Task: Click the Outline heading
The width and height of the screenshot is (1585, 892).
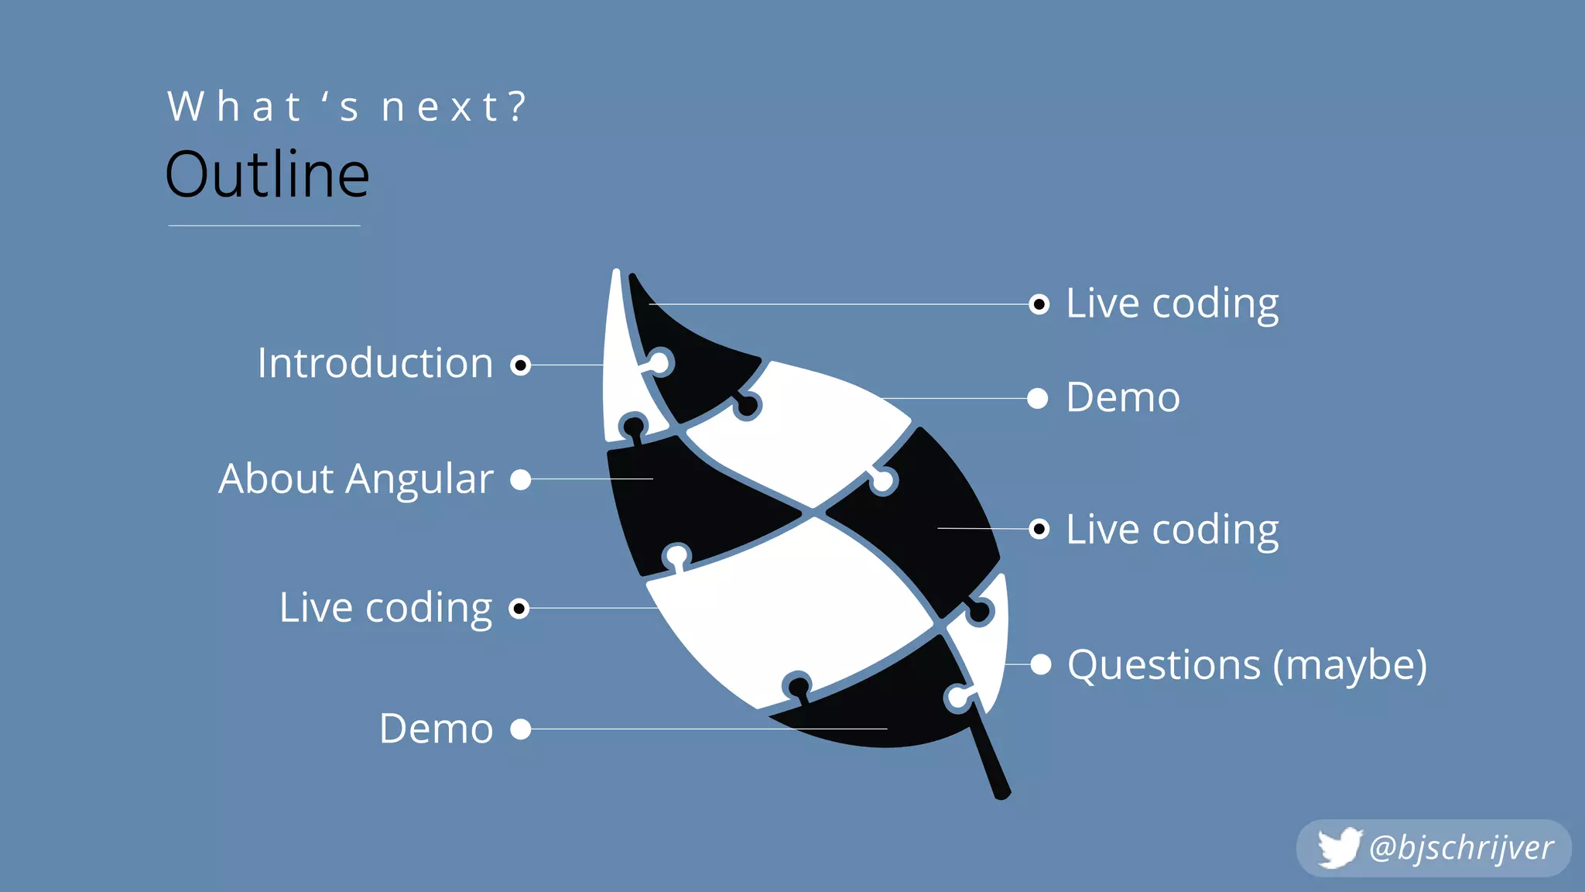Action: tap(267, 175)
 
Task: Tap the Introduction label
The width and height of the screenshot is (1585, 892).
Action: tap(375, 363)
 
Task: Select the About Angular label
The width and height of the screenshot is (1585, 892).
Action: tap(356, 479)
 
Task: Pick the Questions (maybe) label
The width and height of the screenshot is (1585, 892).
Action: tap(1247, 665)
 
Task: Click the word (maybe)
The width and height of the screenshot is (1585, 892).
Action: tap(1351, 665)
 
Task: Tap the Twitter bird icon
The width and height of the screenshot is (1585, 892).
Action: tap(1338, 848)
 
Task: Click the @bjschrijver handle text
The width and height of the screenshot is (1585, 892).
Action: tap(1460, 848)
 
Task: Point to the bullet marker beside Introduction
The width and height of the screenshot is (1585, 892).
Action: tap(521, 365)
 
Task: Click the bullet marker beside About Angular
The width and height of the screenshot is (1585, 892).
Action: tap(521, 479)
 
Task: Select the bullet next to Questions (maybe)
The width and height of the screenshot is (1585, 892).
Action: tap(1041, 664)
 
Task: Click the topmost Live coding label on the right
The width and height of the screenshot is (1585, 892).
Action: tap(1172, 304)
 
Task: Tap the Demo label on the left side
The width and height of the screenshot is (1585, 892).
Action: tap(436, 729)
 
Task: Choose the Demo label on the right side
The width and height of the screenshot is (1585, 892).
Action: tap(1123, 398)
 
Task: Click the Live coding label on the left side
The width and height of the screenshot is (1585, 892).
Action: tap(385, 608)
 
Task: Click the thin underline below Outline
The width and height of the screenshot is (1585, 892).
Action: tap(264, 225)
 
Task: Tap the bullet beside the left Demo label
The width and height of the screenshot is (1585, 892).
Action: tap(521, 729)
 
